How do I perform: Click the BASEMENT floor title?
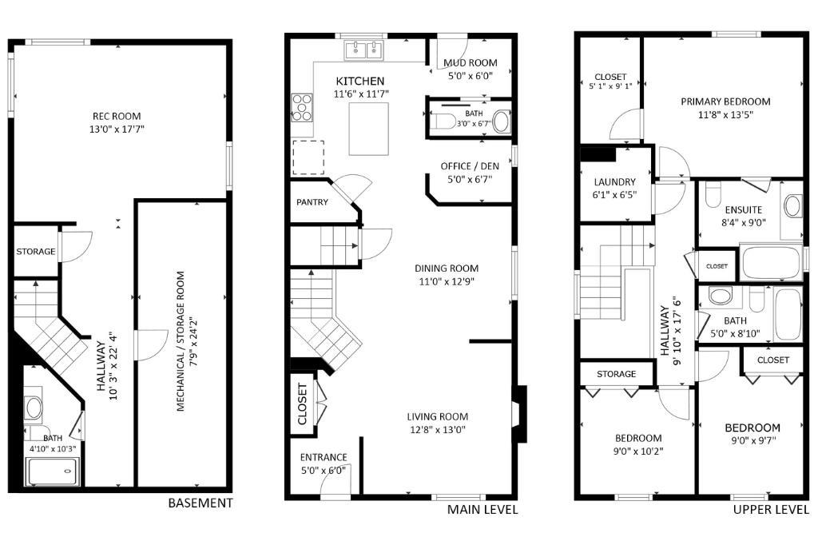[x=201, y=503]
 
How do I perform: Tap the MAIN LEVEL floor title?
[x=482, y=510]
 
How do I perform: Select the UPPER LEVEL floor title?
[x=771, y=510]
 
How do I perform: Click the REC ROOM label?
[x=117, y=116]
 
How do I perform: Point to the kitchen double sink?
[x=363, y=50]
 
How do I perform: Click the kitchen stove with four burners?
[x=301, y=107]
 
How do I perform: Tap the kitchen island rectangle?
[x=369, y=129]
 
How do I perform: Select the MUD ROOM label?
[x=470, y=62]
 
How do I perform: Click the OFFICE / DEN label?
[x=470, y=166]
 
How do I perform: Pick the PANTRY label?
[x=312, y=202]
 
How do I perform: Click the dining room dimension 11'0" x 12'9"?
[x=447, y=282]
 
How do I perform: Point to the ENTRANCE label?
[x=324, y=457]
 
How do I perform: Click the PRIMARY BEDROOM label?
[x=725, y=101]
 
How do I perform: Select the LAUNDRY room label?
[x=614, y=182]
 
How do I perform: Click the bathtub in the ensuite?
[x=771, y=263]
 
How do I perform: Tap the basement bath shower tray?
[x=54, y=471]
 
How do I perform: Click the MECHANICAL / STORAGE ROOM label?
[x=181, y=341]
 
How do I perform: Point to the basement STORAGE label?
[x=35, y=252]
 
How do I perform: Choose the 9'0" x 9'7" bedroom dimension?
[x=753, y=441]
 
